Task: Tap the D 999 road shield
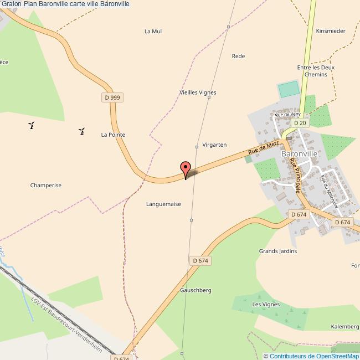pos(112,97)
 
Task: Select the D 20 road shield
pos(299,123)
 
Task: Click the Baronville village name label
pos(299,153)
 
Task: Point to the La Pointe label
pos(113,135)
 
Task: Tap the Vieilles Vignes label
pos(198,92)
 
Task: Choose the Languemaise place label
pos(163,204)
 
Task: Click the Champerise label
pos(46,186)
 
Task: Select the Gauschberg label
pos(196,290)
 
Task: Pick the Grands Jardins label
pos(278,251)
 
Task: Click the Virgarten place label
pos(215,145)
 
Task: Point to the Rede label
pos(238,56)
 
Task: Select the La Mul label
pos(153,31)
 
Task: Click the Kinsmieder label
pos(331,31)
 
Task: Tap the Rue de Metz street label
pos(263,148)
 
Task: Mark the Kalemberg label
pos(345,327)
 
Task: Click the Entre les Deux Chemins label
pos(316,71)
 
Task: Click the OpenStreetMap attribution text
pos(311,356)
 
